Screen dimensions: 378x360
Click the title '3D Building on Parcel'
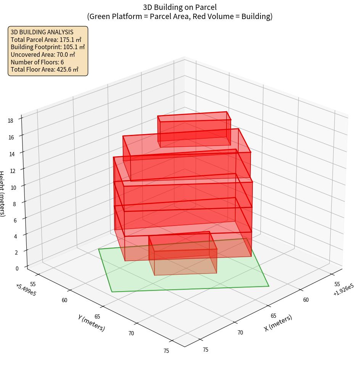click(180, 7)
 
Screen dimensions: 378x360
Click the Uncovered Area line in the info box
click(43, 54)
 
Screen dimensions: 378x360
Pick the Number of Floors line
click(37, 62)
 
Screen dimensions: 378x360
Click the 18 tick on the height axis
click(10, 121)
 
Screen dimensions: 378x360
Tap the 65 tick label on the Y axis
click(98, 317)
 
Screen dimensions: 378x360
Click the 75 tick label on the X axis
click(206, 350)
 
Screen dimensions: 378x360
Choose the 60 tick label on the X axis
click(306, 300)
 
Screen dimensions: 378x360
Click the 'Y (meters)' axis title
click(92, 323)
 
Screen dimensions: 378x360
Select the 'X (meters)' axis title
click(278, 323)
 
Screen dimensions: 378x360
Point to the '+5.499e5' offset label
click(26, 290)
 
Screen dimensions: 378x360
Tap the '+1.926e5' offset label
click(343, 290)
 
